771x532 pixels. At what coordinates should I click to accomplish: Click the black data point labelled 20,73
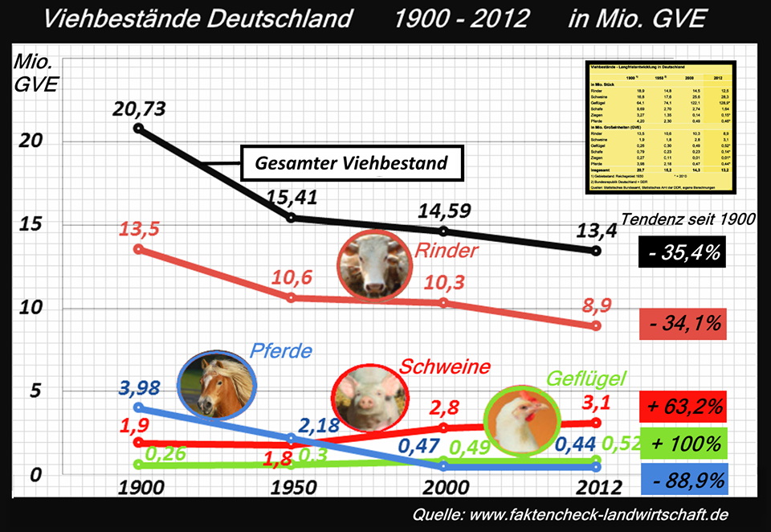click(x=138, y=128)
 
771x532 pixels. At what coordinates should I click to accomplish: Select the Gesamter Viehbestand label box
click(x=352, y=163)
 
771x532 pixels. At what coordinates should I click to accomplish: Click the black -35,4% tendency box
click(x=682, y=252)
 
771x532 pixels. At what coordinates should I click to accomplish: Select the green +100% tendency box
click(x=682, y=443)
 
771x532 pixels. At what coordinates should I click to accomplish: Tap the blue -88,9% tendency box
click(x=682, y=481)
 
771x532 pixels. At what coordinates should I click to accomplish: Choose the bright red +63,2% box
click(x=682, y=406)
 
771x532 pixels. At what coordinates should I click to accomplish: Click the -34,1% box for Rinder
click(x=682, y=325)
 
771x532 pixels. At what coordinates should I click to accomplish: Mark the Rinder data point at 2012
click(x=595, y=325)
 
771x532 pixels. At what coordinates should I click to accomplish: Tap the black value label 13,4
click(x=595, y=231)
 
